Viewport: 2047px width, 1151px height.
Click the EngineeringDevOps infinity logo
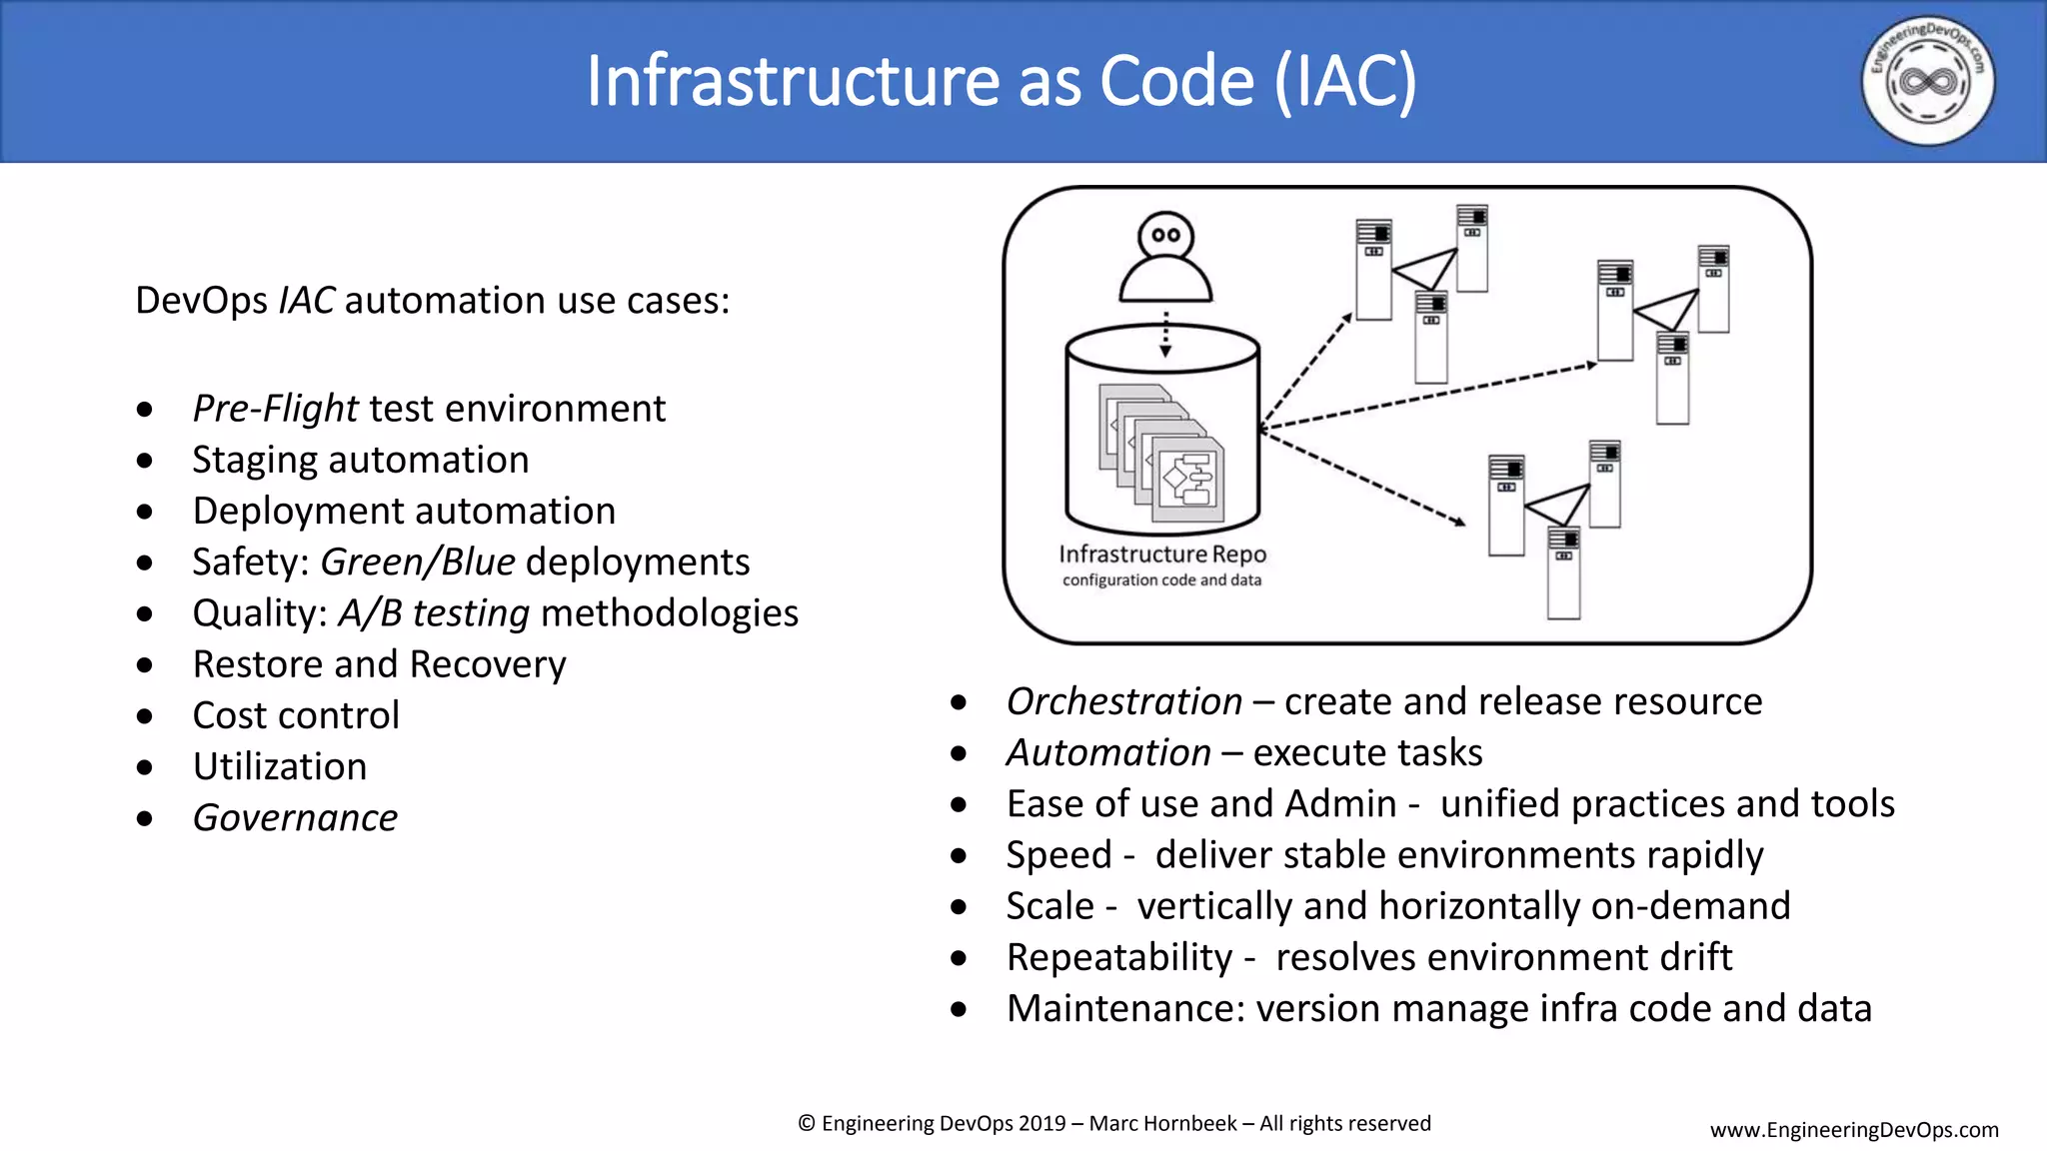1927,81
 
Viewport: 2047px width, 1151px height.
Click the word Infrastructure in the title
793,81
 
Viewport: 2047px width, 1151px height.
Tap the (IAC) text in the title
1345,81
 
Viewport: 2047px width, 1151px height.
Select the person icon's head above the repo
1165,237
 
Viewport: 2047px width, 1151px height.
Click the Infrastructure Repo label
1162,555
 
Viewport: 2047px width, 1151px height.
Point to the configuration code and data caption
1161,580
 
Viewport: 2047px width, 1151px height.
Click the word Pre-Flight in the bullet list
275,409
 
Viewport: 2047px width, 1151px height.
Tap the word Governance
295,818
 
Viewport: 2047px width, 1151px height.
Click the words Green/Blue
418,563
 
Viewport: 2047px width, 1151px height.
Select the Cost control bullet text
296,715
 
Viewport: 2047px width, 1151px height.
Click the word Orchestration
1124,701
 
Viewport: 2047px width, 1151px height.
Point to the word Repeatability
1119,957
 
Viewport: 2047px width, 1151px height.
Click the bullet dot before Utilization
145,767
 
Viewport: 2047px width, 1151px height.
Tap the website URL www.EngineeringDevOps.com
1854,1130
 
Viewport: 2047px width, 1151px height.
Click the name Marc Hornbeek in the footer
1162,1124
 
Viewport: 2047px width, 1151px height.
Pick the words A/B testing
434,613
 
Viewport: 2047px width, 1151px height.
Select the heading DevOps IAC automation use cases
432,301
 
